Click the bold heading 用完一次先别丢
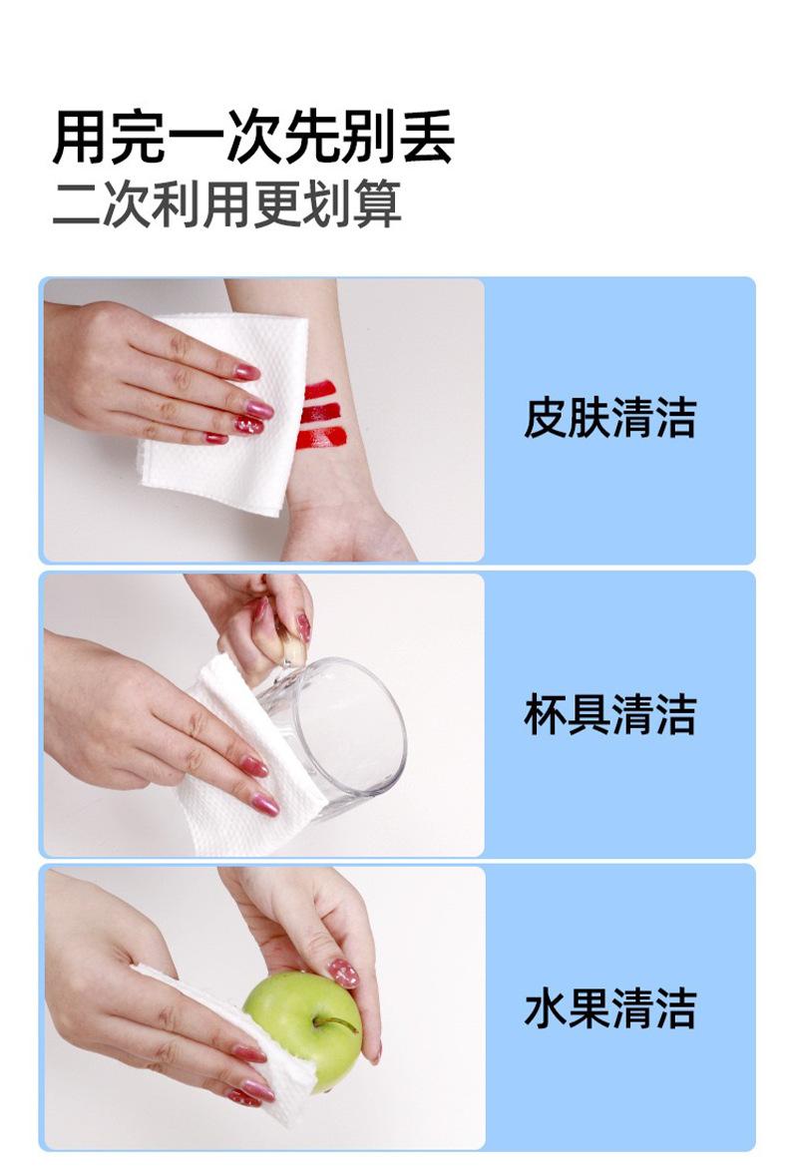pyautogui.click(x=253, y=137)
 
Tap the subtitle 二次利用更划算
pyautogui.click(x=226, y=202)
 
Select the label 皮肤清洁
pyautogui.click(x=609, y=417)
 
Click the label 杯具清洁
pyautogui.click(x=609, y=714)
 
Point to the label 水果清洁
pyautogui.click(x=609, y=1008)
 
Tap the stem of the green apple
pyautogui.click(x=335, y=1022)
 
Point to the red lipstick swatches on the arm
pyautogui.click(x=321, y=415)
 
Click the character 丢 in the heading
pyautogui.click(x=426, y=138)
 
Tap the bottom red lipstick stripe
pyautogui.click(x=321, y=439)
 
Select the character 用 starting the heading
pyautogui.click(x=80, y=138)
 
